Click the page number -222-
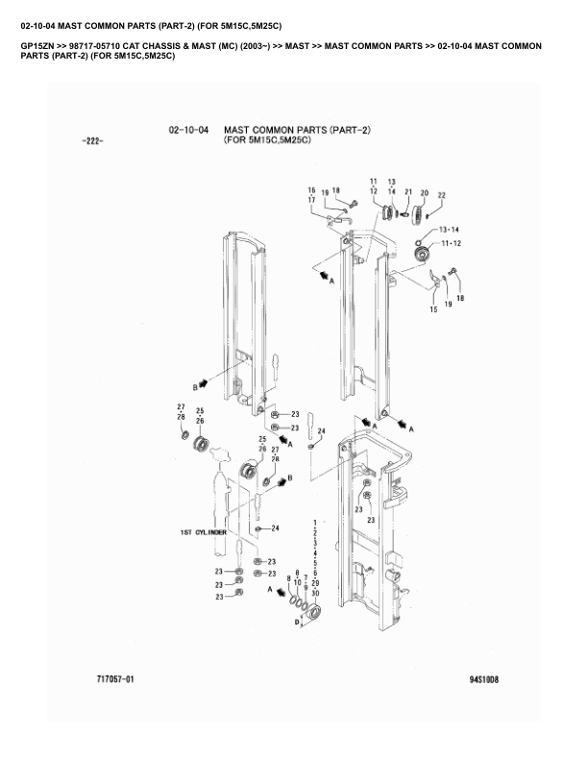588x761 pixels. click(92, 141)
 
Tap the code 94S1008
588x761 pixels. click(483, 679)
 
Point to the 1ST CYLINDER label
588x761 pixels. click(204, 532)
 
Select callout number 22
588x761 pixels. click(441, 195)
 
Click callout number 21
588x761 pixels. click(408, 192)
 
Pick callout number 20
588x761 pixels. click(424, 193)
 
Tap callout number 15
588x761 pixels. click(433, 309)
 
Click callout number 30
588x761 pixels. click(315, 593)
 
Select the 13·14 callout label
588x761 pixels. click(449, 230)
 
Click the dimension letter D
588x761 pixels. click(297, 623)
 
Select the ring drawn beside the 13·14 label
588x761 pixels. click(418, 241)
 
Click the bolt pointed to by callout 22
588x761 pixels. click(427, 216)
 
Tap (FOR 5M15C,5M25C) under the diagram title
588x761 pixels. click(267, 140)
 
